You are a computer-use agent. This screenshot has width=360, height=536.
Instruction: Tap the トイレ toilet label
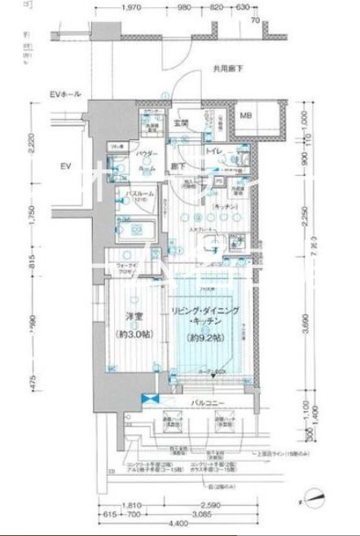coord(216,152)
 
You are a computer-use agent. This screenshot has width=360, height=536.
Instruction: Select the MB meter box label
coord(244,116)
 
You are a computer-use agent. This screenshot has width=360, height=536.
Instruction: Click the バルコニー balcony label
coord(210,402)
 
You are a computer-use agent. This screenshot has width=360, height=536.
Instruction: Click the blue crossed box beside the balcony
coord(149,401)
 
